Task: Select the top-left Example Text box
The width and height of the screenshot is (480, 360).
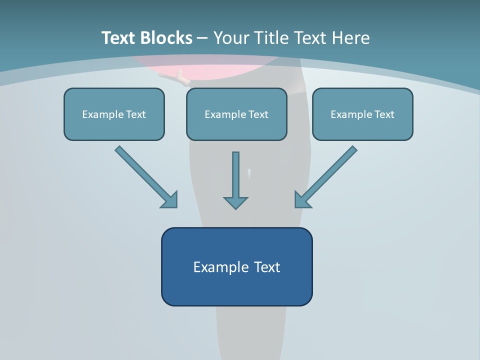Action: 114,125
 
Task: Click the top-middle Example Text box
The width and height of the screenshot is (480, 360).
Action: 236,125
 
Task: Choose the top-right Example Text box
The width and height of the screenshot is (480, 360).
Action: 362,125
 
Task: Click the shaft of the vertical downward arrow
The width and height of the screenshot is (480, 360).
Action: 235,172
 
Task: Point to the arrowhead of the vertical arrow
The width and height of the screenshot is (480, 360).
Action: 235,202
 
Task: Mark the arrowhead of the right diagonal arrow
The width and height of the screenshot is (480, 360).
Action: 302,199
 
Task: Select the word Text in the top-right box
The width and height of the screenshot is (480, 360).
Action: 384,114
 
